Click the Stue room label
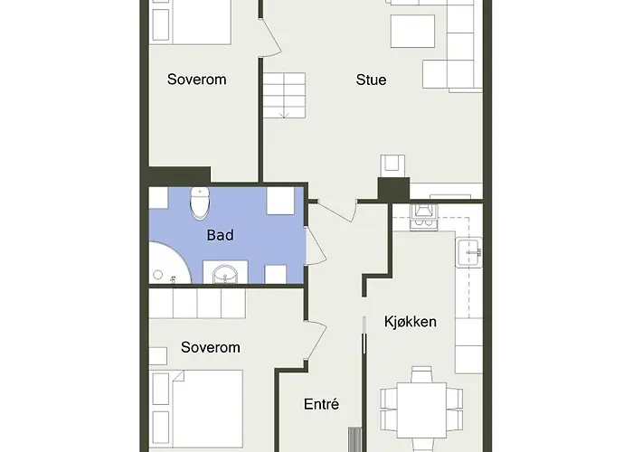[371, 80]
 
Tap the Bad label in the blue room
[220, 235]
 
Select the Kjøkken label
[411, 321]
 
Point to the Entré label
[321, 405]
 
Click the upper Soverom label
[196, 80]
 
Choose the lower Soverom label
[210, 347]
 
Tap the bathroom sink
[224, 272]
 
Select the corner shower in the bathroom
[166, 264]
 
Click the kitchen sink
[468, 251]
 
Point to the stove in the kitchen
[422, 214]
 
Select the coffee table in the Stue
[412, 32]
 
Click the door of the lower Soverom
[316, 342]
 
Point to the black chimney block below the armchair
[393, 190]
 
